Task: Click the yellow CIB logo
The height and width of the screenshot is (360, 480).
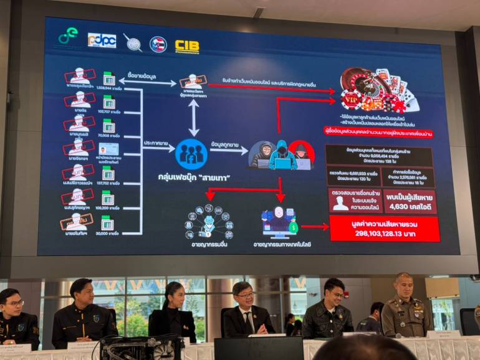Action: pos(187,45)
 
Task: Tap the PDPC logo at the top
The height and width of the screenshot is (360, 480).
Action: pos(102,40)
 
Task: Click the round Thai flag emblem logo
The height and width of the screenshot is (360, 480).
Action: pos(158,44)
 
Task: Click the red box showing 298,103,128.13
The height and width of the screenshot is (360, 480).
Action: pos(384,229)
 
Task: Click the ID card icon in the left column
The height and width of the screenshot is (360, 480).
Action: pos(108,149)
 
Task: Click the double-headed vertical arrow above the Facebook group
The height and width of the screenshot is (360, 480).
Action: pos(194,117)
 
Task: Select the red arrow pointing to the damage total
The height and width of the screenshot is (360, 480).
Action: pos(314,227)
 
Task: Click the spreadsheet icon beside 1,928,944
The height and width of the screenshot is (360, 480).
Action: pos(109,79)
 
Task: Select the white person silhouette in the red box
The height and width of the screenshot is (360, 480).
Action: pos(340,202)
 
